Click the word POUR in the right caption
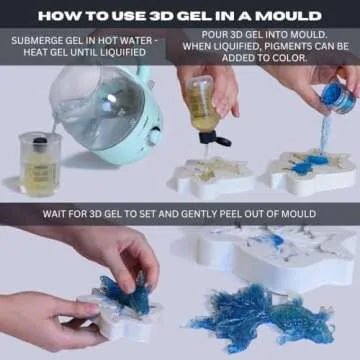pyautogui.click(x=202, y=33)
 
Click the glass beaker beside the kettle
pyautogui.click(x=38, y=164)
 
